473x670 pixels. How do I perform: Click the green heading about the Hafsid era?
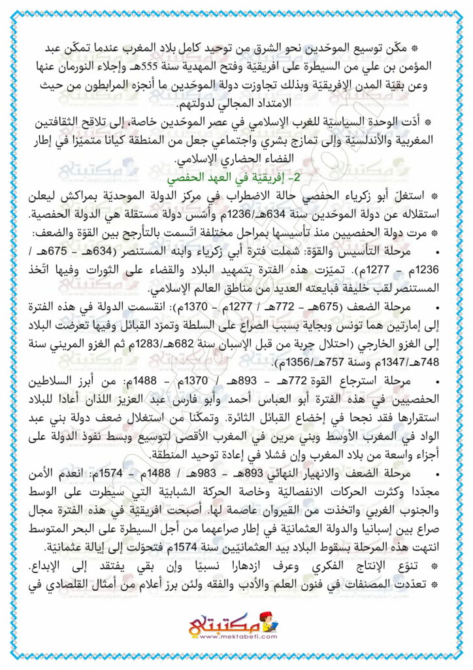(236, 177)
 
